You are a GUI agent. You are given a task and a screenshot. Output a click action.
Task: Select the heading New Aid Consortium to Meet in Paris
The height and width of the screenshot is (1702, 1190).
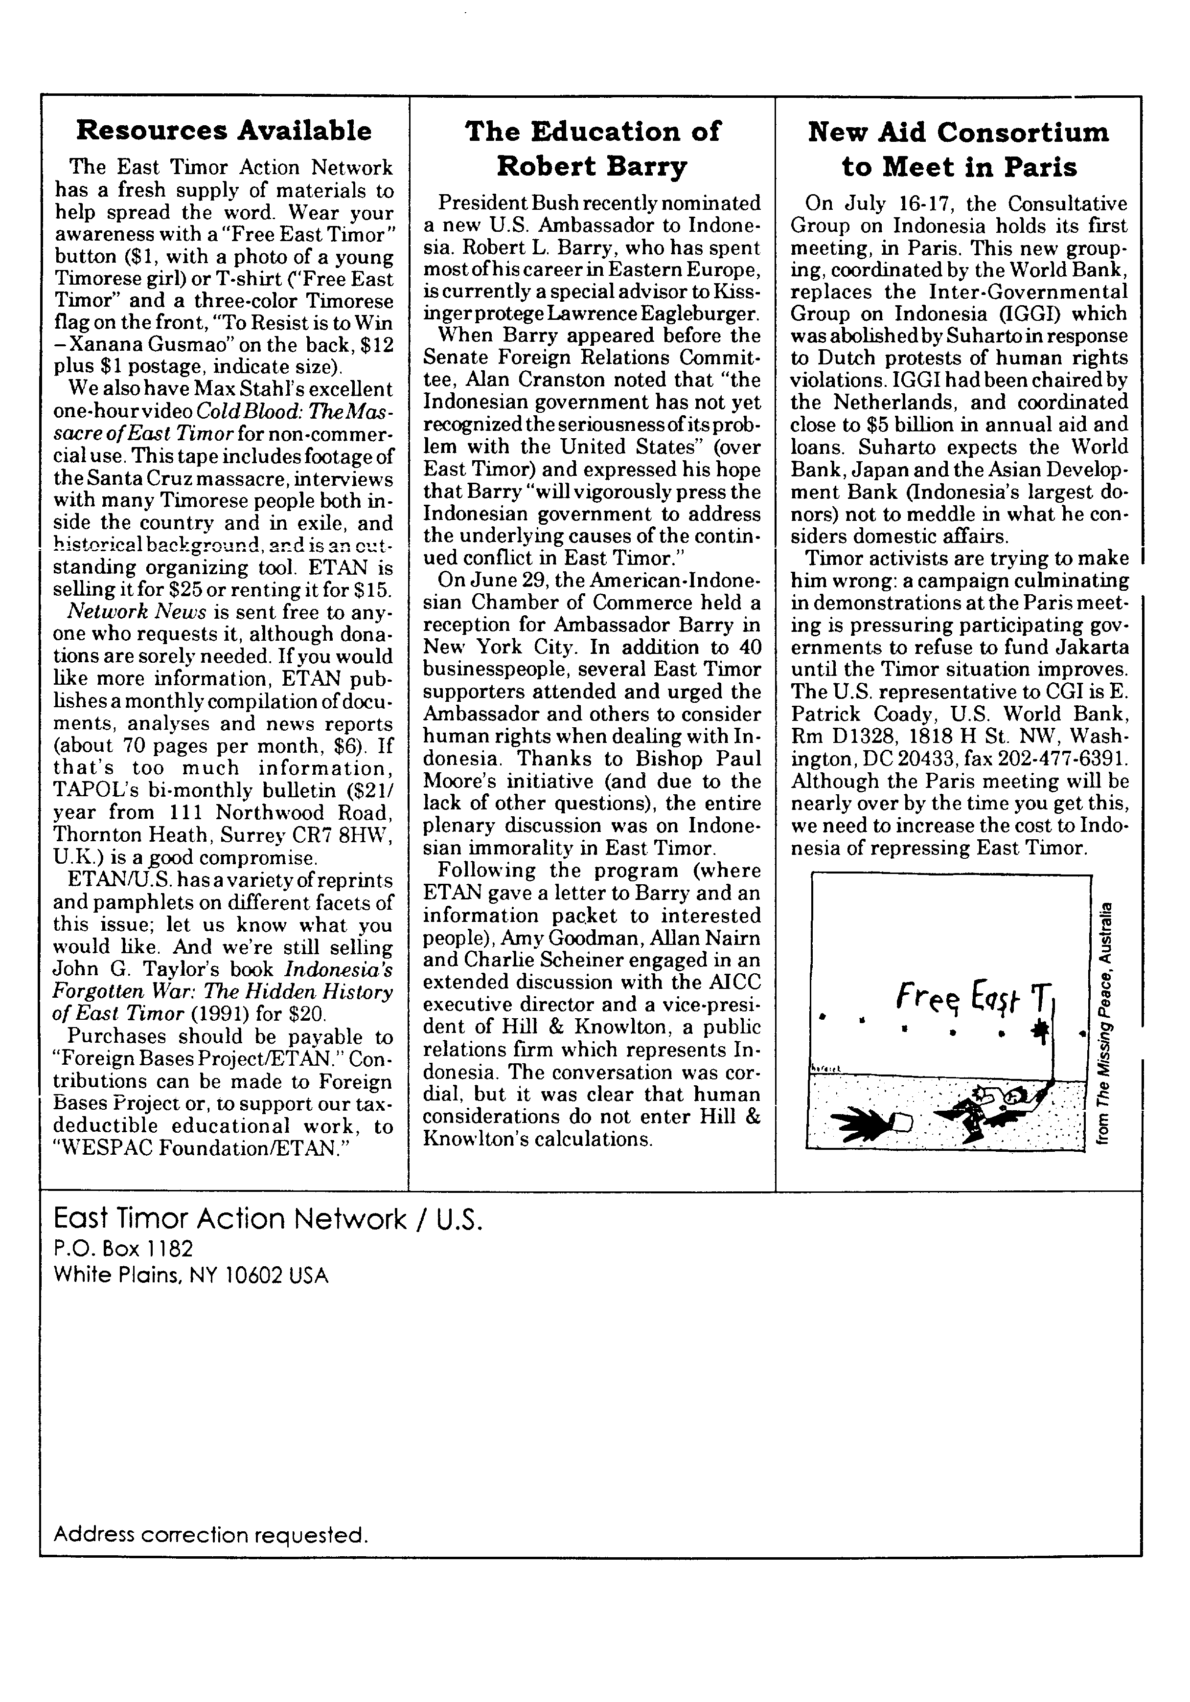958,149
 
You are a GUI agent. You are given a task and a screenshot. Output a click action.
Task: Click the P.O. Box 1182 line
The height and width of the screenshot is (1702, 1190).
123,1249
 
